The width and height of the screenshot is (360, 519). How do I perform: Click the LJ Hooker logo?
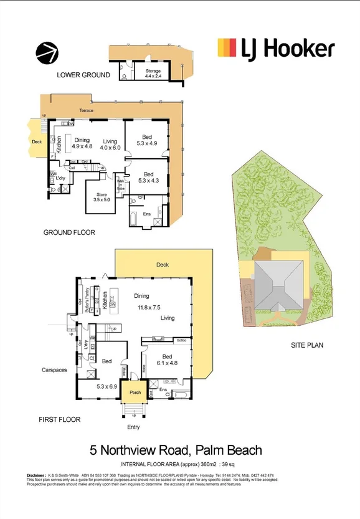click(x=275, y=49)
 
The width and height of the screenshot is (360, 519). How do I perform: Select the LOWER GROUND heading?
click(x=83, y=75)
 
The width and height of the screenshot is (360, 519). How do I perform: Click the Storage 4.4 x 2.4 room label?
click(x=153, y=74)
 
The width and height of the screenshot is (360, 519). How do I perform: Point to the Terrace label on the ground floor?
click(x=86, y=110)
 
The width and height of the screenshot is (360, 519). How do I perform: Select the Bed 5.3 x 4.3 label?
click(x=148, y=178)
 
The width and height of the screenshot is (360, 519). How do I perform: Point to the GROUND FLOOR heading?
click(x=69, y=232)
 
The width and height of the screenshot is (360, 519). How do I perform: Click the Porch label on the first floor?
click(x=135, y=393)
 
